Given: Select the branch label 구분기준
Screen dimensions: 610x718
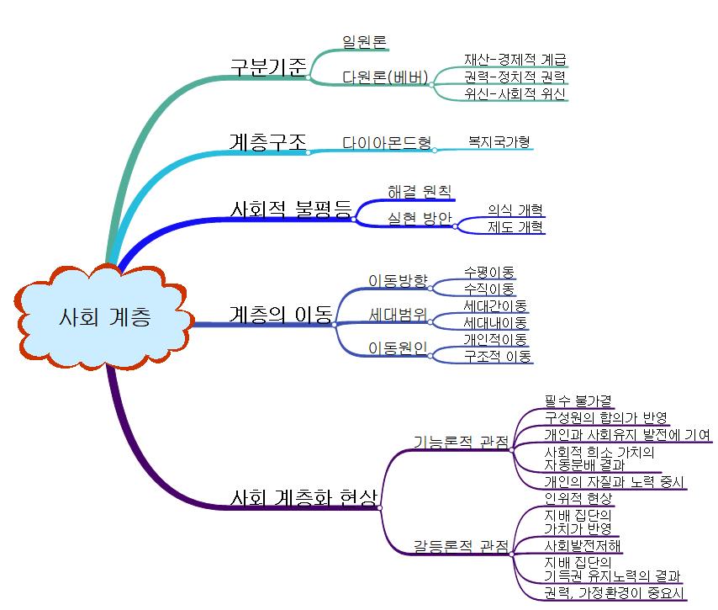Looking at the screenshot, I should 268,67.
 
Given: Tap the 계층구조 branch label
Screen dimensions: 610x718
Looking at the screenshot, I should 268,141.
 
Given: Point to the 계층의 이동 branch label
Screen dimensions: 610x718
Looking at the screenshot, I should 280,314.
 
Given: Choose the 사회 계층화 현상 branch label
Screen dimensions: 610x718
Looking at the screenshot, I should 304,497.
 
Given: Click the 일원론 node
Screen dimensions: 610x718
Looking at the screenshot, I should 365,41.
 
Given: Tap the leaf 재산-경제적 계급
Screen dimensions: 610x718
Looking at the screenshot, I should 515,60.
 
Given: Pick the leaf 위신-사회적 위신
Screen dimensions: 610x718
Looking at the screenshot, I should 514,93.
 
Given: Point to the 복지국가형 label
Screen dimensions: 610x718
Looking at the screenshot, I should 499,141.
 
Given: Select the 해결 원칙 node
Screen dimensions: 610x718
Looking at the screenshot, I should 419,191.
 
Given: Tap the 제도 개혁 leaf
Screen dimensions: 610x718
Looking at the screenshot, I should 515,226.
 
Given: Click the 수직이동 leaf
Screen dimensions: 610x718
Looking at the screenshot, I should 489,289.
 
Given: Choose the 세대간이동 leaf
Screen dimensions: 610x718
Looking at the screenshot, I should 495,305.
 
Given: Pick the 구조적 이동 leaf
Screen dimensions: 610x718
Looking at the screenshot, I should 498,356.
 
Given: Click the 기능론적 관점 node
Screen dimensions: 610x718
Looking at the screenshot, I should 460,442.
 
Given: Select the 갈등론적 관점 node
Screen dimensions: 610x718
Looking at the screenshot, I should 460,546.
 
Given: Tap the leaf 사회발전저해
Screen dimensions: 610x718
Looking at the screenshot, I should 583,545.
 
